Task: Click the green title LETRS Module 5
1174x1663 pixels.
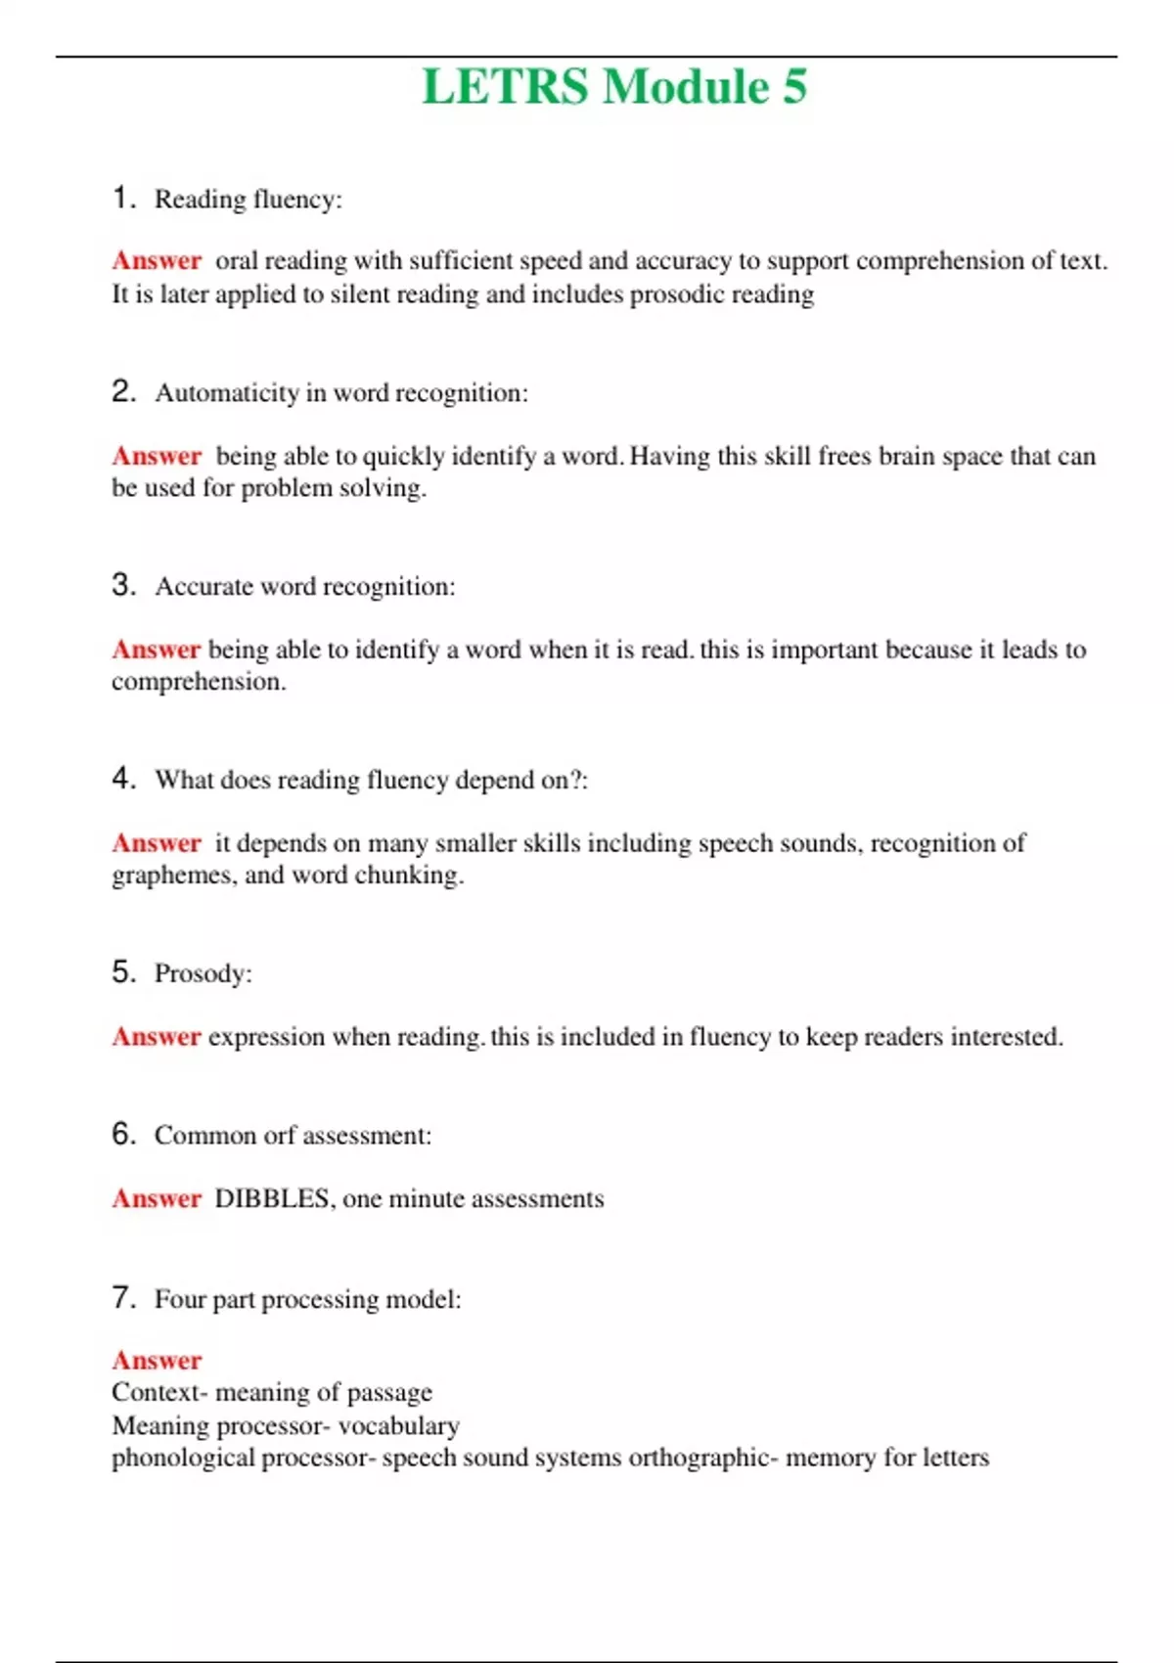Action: pyautogui.click(x=614, y=86)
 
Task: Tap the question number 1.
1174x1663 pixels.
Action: pyautogui.click(x=122, y=198)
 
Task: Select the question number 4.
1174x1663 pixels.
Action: pyautogui.click(x=122, y=779)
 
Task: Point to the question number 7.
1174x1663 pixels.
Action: pyautogui.click(x=122, y=1298)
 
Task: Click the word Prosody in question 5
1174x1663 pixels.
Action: pyautogui.click(x=200, y=973)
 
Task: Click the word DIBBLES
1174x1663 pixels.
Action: pyautogui.click(x=272, y=1198)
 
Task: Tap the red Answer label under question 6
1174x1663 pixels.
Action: pyautogui.click(x=157, y=1198)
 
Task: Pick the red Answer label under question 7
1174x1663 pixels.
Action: pyautogui.click(x=157, y=1360)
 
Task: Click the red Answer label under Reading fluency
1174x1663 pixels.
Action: pyautogui.click(x=157, y=261)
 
